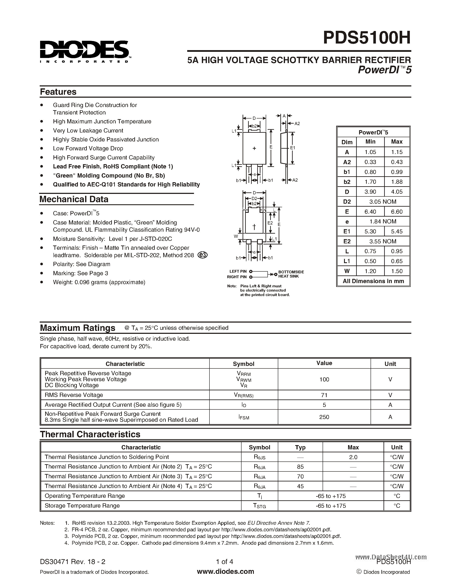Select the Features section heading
point(58,92)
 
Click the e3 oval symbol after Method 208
point(202,255)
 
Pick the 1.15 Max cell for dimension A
point(396,152)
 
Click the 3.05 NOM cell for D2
point(383,202)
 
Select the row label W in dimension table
point(347,271)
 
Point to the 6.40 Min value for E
point(370,212)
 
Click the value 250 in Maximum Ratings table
point(324,417)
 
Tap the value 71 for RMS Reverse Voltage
point(324,395)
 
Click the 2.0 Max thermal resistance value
point(353,457)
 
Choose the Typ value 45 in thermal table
point(300,486)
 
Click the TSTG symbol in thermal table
point(259,506)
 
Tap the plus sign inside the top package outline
point(254,148)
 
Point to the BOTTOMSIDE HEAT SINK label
point(291,274)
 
